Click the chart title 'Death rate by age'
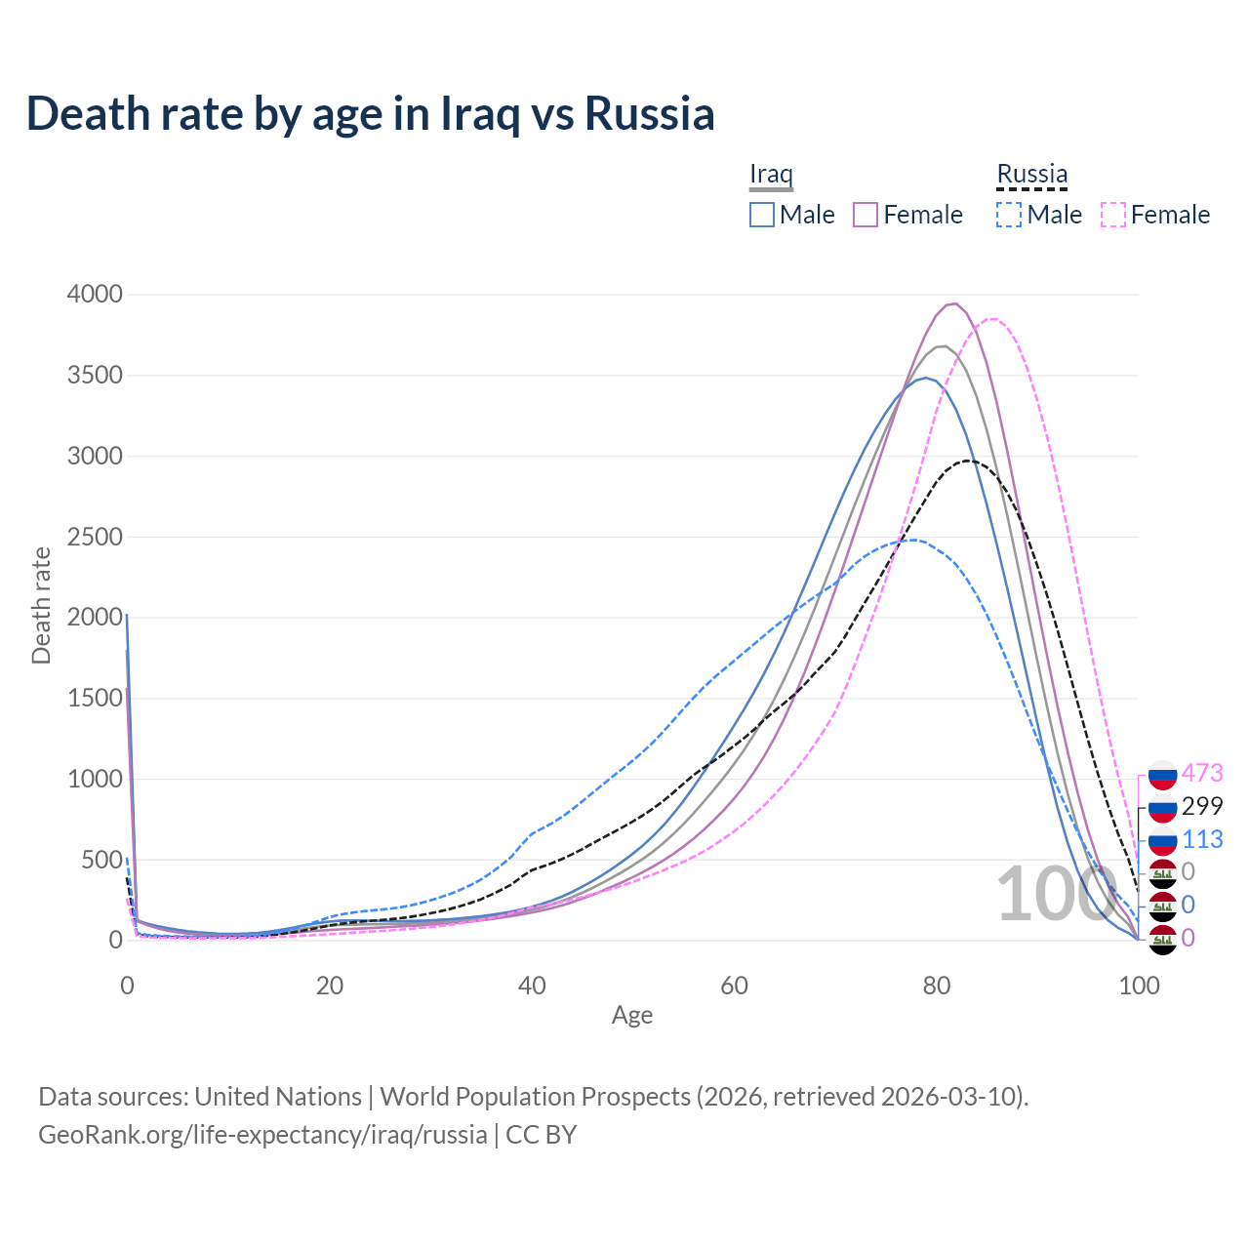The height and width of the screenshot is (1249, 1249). point(371,114)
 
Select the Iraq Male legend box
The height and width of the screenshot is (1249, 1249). point(762,215)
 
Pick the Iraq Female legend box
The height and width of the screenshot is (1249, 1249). point(866,215)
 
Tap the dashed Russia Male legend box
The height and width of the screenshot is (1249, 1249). point(1009,215)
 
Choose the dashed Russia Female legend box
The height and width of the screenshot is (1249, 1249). point(1113,215)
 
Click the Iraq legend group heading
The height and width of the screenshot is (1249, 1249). point(771,175)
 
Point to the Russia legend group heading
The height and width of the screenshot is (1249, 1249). point(1031,175)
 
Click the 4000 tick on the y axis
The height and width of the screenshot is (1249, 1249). point(95,295)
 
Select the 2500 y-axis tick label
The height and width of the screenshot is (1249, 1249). point(95,537)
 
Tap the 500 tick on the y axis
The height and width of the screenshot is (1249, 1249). point(101,861)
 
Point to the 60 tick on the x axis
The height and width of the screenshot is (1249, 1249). point(734,986)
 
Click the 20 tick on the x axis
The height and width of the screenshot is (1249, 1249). point(330,986)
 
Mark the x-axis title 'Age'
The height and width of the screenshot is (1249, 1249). point(632,1016)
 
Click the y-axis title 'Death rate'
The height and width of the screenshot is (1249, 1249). point(41,605)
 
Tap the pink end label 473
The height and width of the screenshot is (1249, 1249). point(1202,773)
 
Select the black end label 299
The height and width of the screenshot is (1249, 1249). point(1202,806)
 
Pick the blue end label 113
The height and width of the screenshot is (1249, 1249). point(1202,839)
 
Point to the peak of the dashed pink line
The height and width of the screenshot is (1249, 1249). point(992,318)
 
